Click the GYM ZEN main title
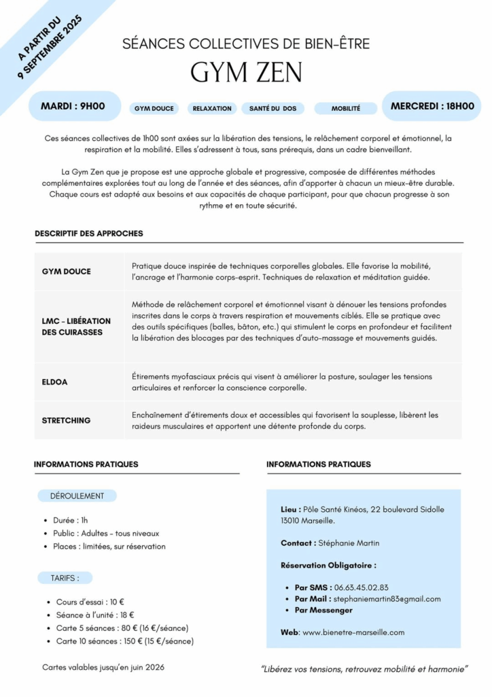[246, 72]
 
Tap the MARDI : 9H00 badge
[73, 106]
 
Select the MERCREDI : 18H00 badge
[432, 106]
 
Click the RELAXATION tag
[212, 108]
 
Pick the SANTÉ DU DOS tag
[273, 108]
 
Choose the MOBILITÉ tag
[346, 108]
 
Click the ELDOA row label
[55, 382]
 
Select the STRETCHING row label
[66, 421]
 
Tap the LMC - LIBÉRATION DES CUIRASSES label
[76, 326]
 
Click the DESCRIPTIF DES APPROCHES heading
[89, 233]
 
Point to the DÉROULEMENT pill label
[77, 496]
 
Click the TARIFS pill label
[65, 578]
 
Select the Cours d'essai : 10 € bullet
[90, 602]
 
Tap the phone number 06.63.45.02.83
[370, 587]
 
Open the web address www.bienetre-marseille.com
[353, 632]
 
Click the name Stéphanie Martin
[349, 543]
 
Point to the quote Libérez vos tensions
[365, 670]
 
